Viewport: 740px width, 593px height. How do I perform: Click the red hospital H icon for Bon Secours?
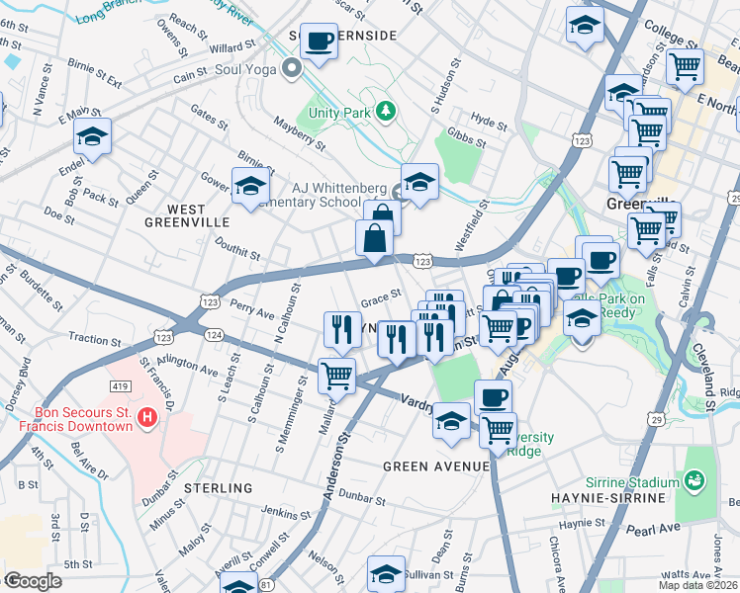coord(146,418)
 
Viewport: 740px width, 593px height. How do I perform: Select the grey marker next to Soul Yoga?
coord(292,70)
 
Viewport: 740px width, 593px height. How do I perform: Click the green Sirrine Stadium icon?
coord(695,481)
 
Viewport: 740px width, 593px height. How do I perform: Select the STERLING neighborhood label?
coord(218,488)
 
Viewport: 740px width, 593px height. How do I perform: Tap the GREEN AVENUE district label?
coord(421,466)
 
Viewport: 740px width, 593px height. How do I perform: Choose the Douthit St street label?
coord(234,255)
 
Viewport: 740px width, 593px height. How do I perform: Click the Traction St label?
coord(95,339)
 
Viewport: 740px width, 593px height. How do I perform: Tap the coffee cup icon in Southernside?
coord(319,42)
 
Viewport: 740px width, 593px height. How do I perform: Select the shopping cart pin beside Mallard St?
coord(336,376)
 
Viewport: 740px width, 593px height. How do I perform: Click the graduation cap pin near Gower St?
coord(250,186)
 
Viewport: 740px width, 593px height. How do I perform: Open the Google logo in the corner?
coord(33,581)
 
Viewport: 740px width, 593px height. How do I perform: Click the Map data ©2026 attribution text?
coord(698,585)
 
